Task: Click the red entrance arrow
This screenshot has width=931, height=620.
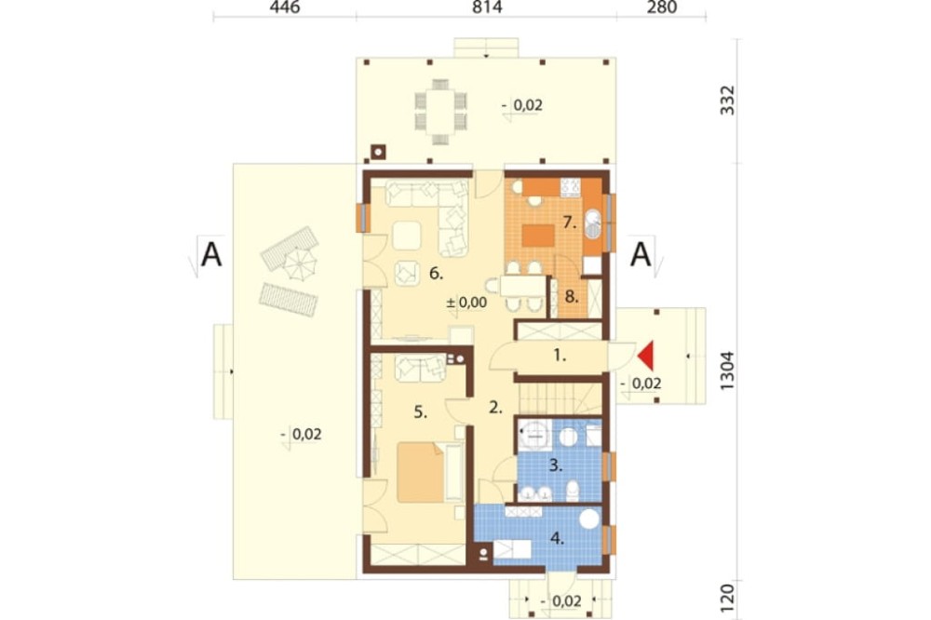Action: (646, 356)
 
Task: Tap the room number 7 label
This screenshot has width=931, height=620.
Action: (570, 223)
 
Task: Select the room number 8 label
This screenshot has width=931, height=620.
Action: (572, 297)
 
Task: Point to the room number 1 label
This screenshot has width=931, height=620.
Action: (560, 356)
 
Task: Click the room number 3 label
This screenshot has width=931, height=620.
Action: (555, 466)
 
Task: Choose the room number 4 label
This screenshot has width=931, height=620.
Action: (557, 539)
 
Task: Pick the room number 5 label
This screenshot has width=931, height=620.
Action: (421, 412)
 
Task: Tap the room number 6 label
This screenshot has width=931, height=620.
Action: (437, 274)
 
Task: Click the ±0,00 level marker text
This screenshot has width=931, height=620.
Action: (466, 303)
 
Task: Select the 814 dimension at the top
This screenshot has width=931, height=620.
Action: (488, 7)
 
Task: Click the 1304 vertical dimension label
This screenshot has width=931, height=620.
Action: (727, 371)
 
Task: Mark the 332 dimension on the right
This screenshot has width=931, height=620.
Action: (727, 101)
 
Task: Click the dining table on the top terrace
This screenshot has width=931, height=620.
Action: (440, 111)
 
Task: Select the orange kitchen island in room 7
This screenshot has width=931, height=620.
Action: (538, 236)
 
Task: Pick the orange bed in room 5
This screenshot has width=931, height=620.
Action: (421, 472)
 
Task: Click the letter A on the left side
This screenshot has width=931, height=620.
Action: (212, 255)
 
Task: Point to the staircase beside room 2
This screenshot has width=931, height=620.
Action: (558, 398)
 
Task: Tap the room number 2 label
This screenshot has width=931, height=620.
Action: (496, 408)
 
